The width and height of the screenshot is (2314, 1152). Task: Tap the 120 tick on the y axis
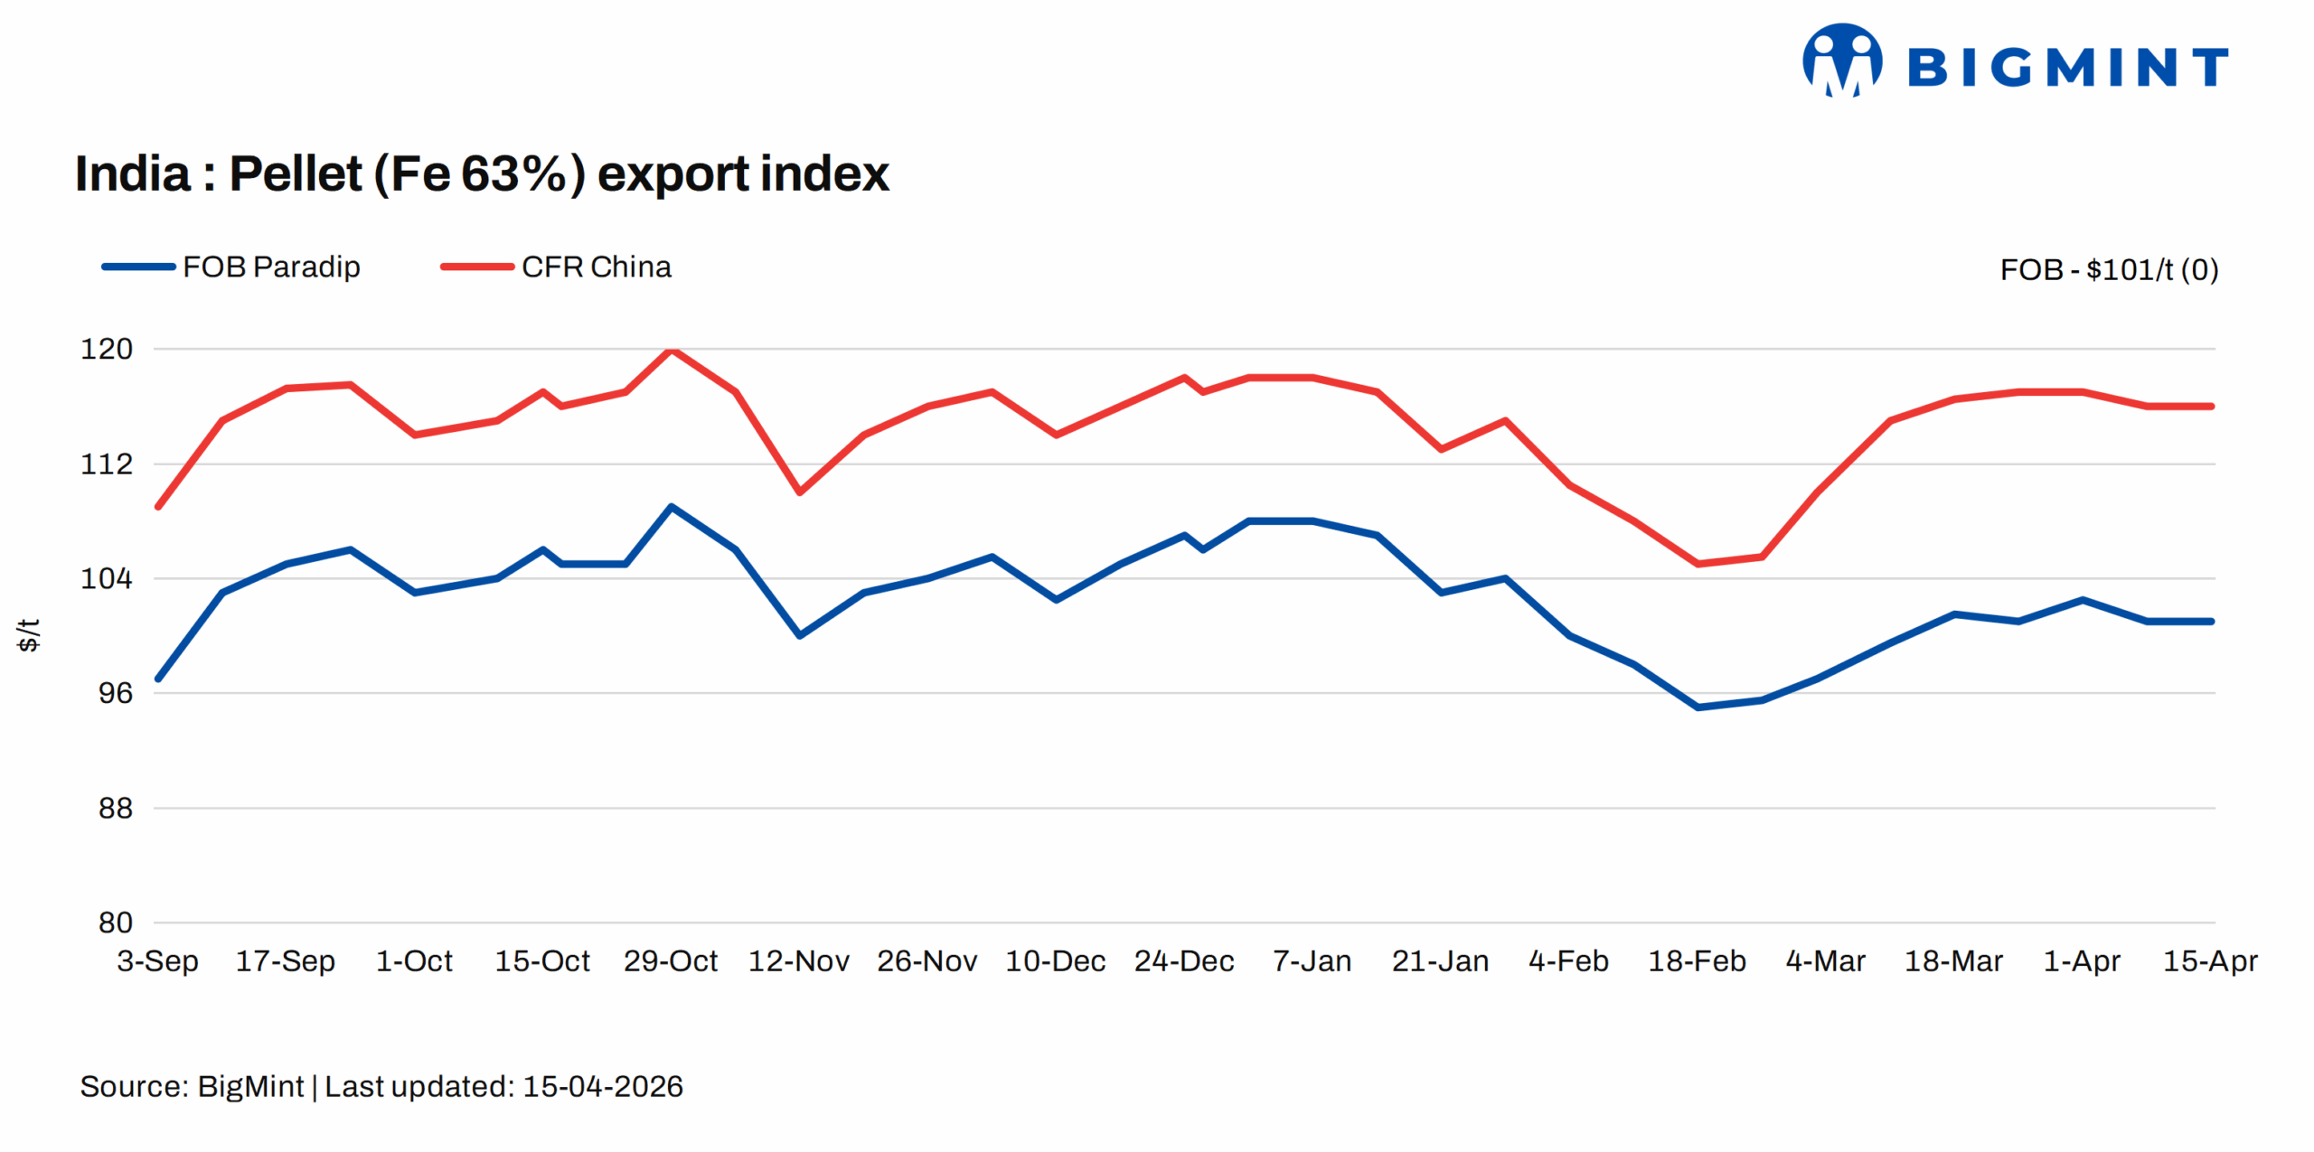coord(107,349)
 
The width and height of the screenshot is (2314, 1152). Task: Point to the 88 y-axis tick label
coord(115,808)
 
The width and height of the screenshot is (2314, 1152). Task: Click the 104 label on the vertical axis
coord(107,578)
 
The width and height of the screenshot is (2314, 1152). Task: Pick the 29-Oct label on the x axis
coord(670,960)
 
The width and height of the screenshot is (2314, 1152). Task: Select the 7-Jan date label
coord(1312,960)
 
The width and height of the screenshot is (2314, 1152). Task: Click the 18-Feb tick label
coord(1697,960)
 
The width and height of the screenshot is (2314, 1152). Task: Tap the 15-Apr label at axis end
coord(2209,960)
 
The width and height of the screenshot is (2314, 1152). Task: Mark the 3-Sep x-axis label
coord(157,960)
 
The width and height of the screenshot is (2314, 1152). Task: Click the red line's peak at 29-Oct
coord(671,350)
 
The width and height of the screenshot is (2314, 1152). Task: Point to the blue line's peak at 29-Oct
coord(671,507)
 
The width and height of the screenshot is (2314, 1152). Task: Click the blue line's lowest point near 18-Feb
coord(1698,707)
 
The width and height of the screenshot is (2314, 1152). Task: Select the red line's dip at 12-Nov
coord(799,492)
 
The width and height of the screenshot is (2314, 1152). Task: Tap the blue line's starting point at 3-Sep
coord(158,679)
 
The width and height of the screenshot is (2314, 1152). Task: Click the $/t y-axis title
coord(29,635)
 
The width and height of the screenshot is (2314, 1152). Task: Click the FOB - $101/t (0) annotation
coord(2108,269)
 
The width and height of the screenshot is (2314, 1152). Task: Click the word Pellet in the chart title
coord(296,173)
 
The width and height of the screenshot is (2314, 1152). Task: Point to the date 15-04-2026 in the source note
coord(602,1086)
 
